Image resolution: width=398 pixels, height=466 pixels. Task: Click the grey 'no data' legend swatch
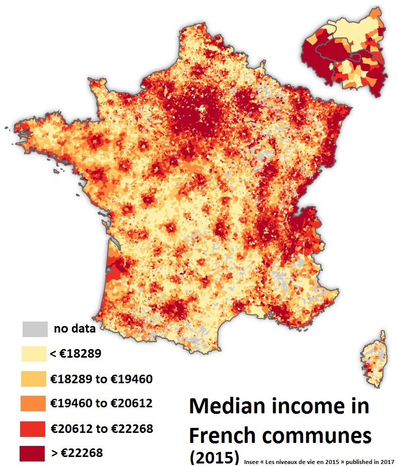tap(35, 329)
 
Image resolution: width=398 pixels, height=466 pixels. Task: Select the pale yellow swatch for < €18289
tap(35, 354)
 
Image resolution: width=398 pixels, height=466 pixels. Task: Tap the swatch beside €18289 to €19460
tap(35, 379)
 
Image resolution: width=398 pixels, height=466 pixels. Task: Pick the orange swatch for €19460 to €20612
tap(35, 403)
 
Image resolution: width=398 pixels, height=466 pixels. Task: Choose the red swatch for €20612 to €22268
tap(35, 428)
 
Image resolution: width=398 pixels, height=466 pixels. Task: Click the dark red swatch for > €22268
tap(35, 453)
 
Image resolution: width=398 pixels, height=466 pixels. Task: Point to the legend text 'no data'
tap(74, 330)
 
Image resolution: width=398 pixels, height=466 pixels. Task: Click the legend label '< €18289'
tap(76, 354)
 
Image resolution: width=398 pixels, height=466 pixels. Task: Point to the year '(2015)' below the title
tap(213, 457)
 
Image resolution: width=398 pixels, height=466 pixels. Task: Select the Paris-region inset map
tap(346, 50)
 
